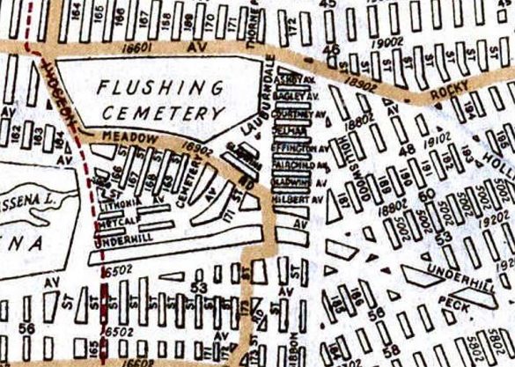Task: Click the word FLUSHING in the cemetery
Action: point(161,87)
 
